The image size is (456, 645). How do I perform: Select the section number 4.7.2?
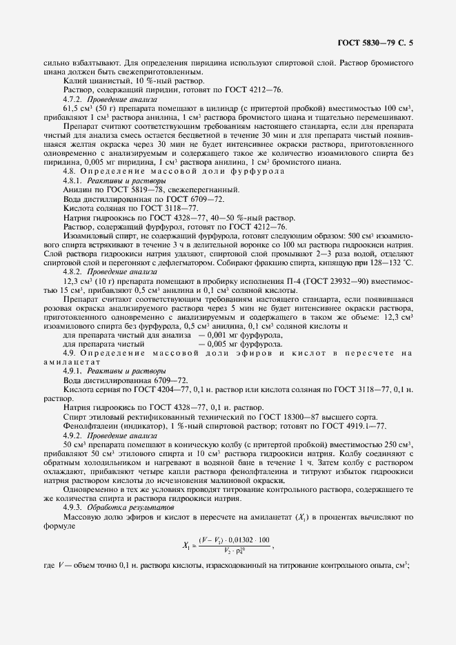(72, 99)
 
